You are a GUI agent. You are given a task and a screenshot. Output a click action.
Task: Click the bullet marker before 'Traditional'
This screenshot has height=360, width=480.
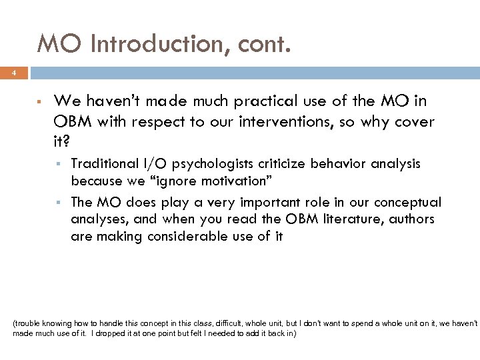60,164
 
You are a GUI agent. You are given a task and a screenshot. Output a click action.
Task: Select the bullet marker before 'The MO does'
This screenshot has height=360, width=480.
60,203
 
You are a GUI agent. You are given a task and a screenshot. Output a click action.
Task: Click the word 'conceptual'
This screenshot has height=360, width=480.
410,202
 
